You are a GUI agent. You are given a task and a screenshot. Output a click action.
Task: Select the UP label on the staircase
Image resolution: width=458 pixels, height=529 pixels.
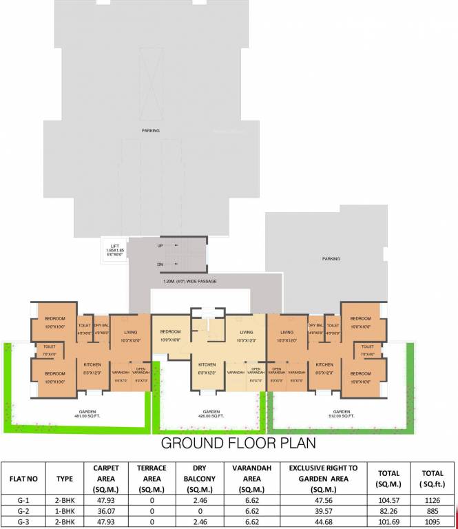tap(160, 245)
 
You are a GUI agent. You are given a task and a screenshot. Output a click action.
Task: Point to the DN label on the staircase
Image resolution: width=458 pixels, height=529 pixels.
tap(160, 264)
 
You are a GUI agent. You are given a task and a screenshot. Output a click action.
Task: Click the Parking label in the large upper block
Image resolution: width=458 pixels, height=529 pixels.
tap(150, 130)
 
